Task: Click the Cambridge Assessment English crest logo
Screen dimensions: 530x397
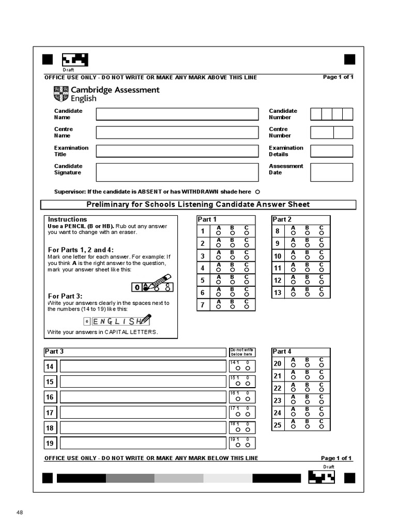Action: point(60,94)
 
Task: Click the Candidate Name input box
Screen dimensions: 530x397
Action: point(177,114)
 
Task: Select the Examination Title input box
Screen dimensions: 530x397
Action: point(177,151)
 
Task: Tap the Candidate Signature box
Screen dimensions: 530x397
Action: point(177,172)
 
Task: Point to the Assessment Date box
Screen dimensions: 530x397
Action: point(331,172)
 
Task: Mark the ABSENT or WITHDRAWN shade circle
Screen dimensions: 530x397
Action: point(257,192)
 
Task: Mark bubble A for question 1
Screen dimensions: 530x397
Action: point(219,233)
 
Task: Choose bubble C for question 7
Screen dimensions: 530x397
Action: point(247,306)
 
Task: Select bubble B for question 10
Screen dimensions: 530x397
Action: point(307,258)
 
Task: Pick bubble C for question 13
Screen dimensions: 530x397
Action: point(321,294)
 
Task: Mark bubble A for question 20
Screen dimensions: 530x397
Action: point(293,365)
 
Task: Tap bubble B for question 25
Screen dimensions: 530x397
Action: point(307,427)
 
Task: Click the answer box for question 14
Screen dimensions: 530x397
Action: point(143,366)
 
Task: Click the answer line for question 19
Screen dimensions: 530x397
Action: point(143,443)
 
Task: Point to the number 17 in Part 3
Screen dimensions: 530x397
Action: point(50,413)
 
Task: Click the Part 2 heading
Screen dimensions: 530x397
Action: point(282,219)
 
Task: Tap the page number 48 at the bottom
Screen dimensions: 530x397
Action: point(20,512)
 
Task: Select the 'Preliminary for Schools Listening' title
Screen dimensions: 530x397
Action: point(198,204)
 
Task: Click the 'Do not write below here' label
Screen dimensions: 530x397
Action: point(241,352)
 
